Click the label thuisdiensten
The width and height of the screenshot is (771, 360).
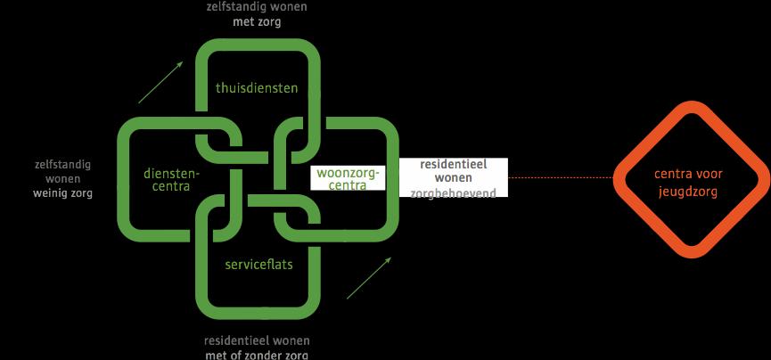(257, 88)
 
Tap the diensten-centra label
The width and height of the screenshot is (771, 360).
(171, 181)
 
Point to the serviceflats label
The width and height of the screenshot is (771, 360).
(258, 264)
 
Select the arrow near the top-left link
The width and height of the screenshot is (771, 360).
(161, 82)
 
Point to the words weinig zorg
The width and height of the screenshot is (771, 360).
(62, 192)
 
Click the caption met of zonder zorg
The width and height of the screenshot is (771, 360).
(257, 355)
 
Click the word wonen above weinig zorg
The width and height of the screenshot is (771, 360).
(62, 178)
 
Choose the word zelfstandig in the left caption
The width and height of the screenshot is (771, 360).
(62, 165)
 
